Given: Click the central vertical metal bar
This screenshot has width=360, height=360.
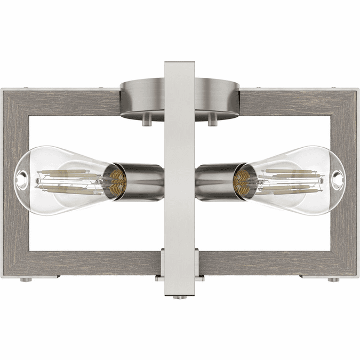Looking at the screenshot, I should [180, 160].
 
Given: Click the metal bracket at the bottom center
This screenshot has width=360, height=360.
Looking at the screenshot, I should [180, 267].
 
